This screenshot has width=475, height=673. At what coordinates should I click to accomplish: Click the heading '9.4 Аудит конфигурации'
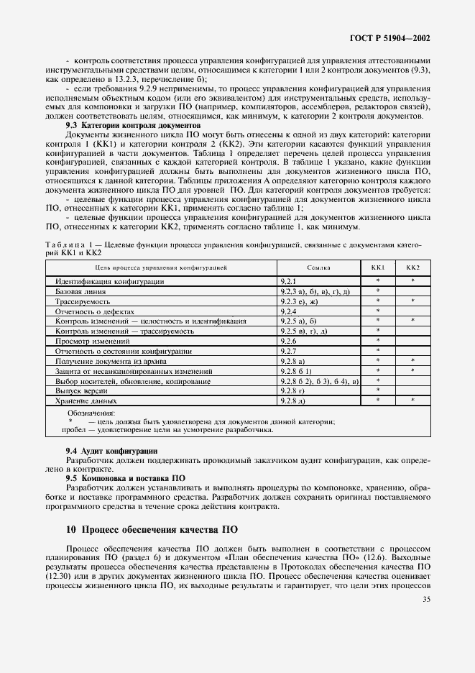(111, 450)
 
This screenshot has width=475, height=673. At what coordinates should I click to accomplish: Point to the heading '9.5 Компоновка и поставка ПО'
(126, 477)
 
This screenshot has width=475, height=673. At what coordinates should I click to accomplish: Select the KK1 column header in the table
(378, 267)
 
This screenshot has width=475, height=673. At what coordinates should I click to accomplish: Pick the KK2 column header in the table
(412, 267)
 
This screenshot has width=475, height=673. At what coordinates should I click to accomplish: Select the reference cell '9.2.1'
(289, 281)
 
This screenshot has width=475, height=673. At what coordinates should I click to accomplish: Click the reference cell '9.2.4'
(289, 311)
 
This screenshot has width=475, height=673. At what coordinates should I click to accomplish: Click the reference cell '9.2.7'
(289, 351)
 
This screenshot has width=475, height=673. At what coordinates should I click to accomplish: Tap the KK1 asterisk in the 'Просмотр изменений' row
(378, 341)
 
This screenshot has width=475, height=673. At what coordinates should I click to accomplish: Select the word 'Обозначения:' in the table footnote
(91, 413)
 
